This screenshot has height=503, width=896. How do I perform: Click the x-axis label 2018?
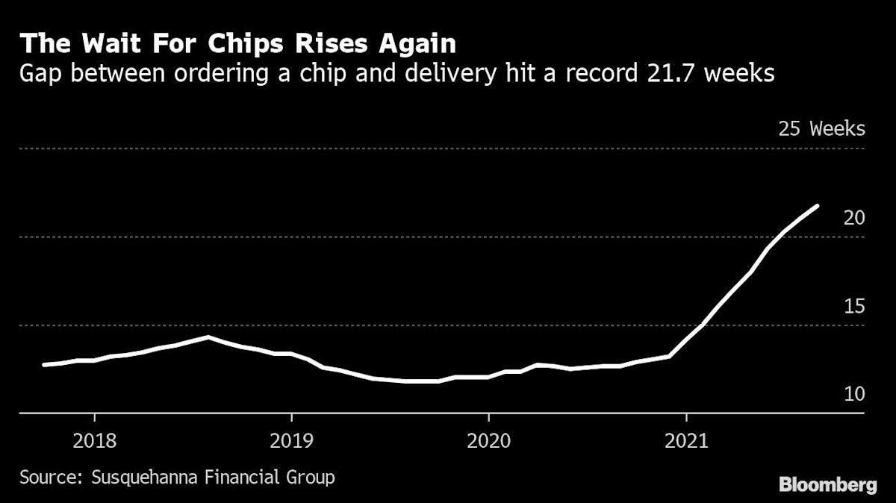click(x=95, y=440)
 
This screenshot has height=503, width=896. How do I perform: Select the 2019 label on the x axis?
click(x=291, y=440)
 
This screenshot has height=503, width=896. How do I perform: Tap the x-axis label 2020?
click(x=488, y=440)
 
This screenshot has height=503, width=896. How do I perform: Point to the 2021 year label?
click(x=686, y=440)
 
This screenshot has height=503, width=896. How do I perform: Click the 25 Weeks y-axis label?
click(x=821, y=129)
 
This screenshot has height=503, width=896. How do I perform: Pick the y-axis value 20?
click(x=854, y=218)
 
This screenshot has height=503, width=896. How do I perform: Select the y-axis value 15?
click(x=854, y=306)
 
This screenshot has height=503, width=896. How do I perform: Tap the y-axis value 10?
click(x=854, y=394)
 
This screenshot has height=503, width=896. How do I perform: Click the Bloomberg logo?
click(x=828, y=485)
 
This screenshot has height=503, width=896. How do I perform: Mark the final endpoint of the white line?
click(x=818, y=206)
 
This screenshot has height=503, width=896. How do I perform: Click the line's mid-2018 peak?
click(x=208, y=337)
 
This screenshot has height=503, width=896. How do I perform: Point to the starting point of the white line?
click(x=44, y=365)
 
